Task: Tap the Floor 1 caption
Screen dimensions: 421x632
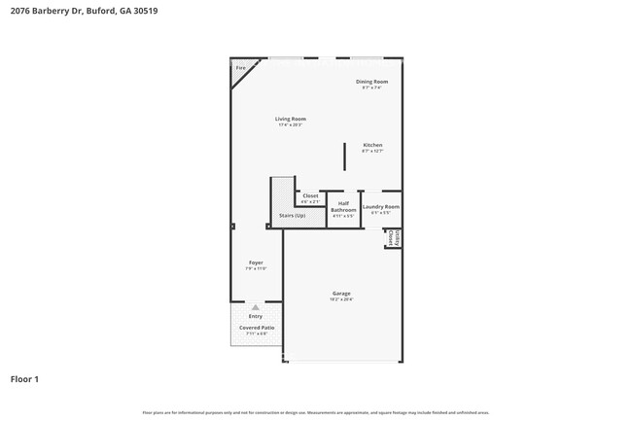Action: pyautogui.click(x=25, y=378)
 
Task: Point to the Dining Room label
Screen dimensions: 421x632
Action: pyautogui.click(x=371, y=82)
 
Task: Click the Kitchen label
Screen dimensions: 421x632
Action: pyautogui.click(x=372, y=145)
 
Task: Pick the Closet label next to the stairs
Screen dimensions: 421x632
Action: pyautogui.click(x=310, y=195)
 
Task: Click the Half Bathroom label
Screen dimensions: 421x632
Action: pyautogui.click(x=343, y=207)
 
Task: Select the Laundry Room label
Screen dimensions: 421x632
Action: pyautogui.click(x=381, y=206)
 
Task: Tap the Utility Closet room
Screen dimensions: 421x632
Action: pyautogui.click(x=393, y=237)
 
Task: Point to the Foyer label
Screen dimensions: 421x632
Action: pyautogui.click(x=256, y=262)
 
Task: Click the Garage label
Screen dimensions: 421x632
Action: pyautogui.click(x=341, y=293)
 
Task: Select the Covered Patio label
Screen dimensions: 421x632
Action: pyautogui.click(x=256, y=328)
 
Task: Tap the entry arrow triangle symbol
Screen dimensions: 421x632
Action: pyautogui.click(x=256, y=306)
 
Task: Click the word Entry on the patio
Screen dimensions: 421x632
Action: pyautogui.click(x=256, y=316)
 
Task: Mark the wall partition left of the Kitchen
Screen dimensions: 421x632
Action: pyautogui.click(x=344, y=157)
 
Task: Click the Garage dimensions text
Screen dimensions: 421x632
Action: pyautogui.click(x=341, y=299)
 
